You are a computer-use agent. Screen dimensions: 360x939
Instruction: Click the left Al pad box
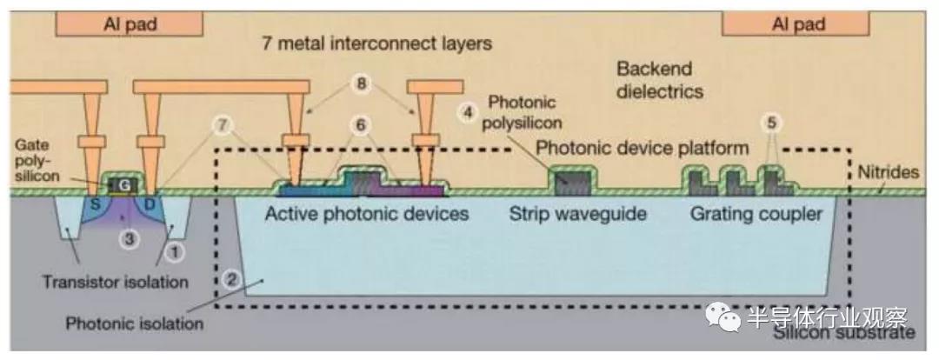pos(130,23)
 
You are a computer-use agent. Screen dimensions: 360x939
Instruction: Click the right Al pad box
pos(798,24)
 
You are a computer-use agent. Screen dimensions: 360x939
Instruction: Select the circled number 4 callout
pos(469,112)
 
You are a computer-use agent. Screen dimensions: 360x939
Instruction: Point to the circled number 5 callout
pos(769,121)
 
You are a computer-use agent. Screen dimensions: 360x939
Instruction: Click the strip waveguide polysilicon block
pos(574,180)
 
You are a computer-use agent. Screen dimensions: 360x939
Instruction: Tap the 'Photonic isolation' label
pos(134,323)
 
